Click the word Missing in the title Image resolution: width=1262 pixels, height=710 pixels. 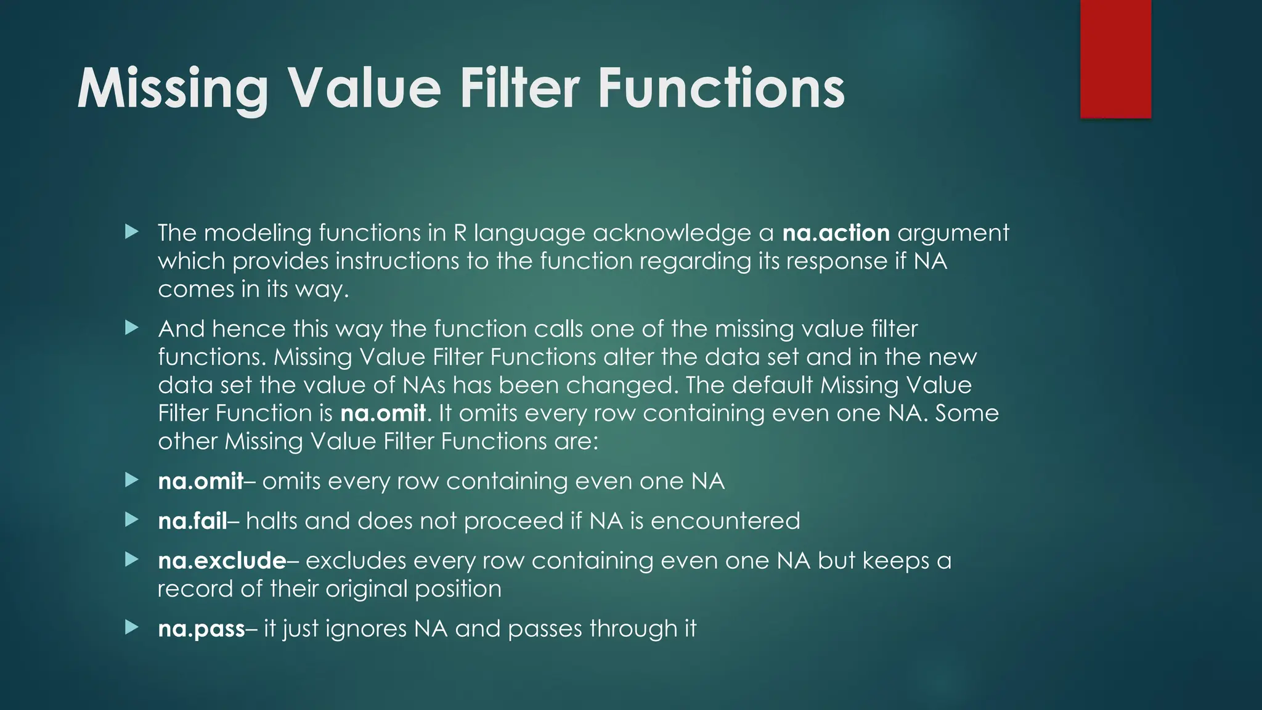[x=173, y=89]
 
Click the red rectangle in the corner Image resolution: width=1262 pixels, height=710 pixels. [x=1115, y=59]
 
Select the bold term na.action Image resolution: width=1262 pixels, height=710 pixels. [x=836, y=233]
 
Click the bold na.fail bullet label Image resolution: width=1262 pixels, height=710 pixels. [x=192, y=521]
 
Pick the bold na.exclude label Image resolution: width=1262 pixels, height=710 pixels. [x=222, y=561]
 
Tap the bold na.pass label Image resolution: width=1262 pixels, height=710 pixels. [x=202, y=629]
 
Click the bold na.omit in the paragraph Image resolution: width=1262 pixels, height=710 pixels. [x=383, y=413]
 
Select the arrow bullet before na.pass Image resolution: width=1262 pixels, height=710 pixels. [x=131, y=628]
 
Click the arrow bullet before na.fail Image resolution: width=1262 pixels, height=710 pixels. [x=131, y=520]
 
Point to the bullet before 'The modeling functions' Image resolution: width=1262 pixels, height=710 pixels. [x=131, y=232]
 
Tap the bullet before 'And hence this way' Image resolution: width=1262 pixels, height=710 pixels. [x=131, y=328]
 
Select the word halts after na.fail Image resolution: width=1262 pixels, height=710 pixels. [x=272, y=521]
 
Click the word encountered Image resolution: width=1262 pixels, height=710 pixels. [x=725, y=521]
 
